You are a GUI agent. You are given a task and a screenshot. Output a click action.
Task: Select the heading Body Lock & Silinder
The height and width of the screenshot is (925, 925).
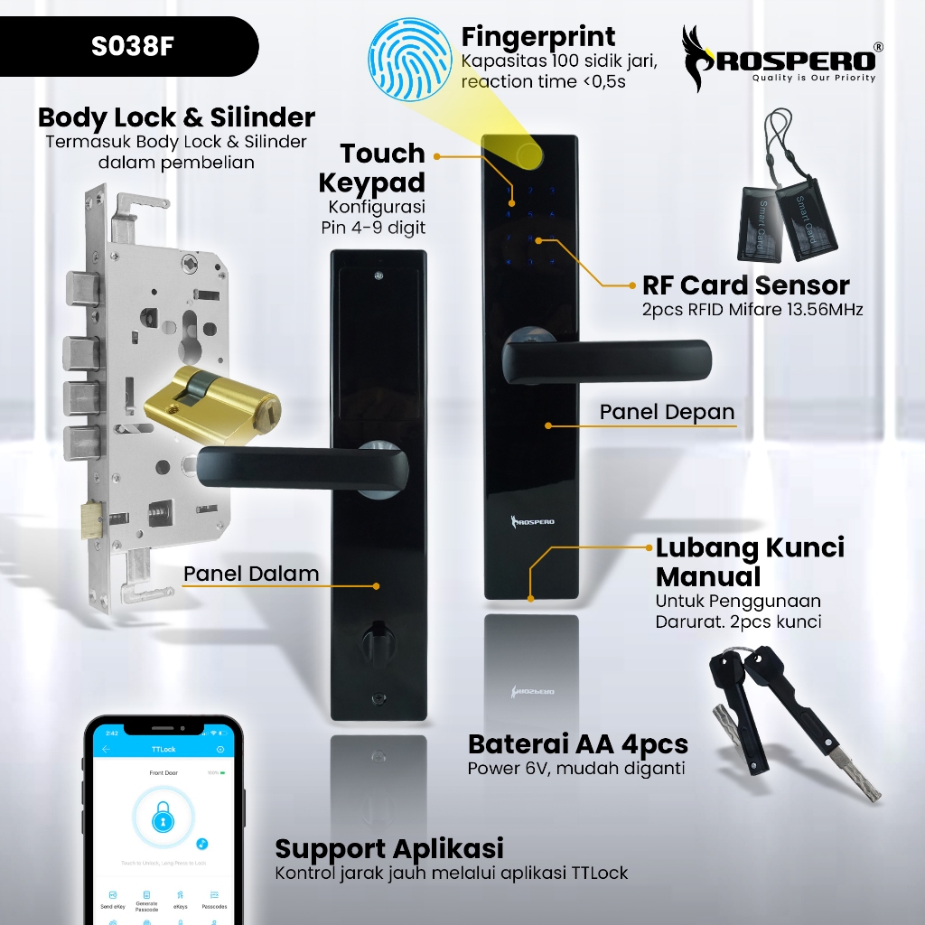tap(176, 117)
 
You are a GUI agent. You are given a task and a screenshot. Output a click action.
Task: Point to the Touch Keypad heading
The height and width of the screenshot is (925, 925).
tap(371, 167)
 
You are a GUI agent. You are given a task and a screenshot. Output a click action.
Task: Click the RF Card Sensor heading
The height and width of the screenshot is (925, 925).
tap(745, 285)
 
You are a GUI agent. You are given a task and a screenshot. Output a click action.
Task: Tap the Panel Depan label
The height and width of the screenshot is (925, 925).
tap(667, 412)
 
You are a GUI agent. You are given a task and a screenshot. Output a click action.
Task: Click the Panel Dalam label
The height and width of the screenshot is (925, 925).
tap(251, 574)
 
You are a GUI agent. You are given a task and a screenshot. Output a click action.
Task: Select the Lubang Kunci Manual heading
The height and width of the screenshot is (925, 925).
tap(750, 562)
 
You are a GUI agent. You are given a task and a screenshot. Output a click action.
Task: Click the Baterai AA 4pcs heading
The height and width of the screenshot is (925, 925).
tap(578, 744)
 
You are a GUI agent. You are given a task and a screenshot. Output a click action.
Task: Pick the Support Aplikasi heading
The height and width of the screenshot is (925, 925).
tap(389, 849)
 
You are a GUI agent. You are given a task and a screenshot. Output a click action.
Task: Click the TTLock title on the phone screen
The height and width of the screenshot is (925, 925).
tap(163, 750)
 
